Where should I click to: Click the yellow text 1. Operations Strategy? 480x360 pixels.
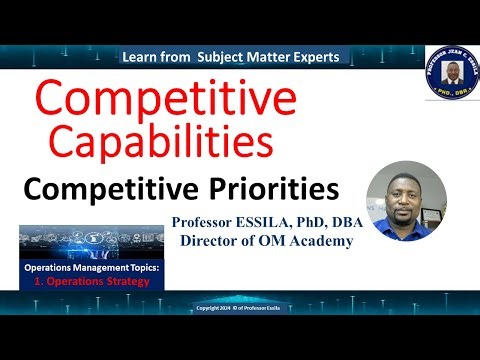(x=93, y=282)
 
